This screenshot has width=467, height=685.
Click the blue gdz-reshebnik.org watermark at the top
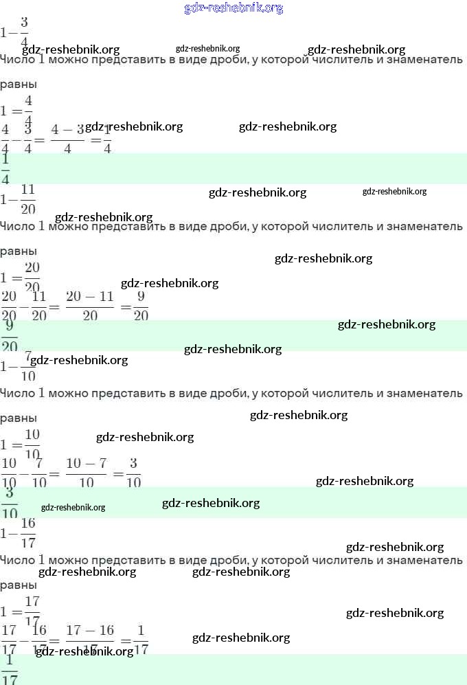point(233,8)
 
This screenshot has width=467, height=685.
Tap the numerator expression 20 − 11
point(89,297)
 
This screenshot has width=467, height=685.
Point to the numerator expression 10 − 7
point(86,464)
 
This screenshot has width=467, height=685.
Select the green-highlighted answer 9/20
point(10,335)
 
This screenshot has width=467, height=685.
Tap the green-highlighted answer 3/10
point(10,503)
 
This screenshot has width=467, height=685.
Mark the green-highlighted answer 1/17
point(10,670)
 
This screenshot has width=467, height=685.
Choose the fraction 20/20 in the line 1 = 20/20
point(32,278)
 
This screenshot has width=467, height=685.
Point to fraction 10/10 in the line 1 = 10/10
point(32,445)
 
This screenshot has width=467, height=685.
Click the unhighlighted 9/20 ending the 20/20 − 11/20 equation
point(141,306)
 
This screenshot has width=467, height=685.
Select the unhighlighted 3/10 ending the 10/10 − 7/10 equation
point(134,473)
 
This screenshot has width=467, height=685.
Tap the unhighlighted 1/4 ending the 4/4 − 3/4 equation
point(106,138)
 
